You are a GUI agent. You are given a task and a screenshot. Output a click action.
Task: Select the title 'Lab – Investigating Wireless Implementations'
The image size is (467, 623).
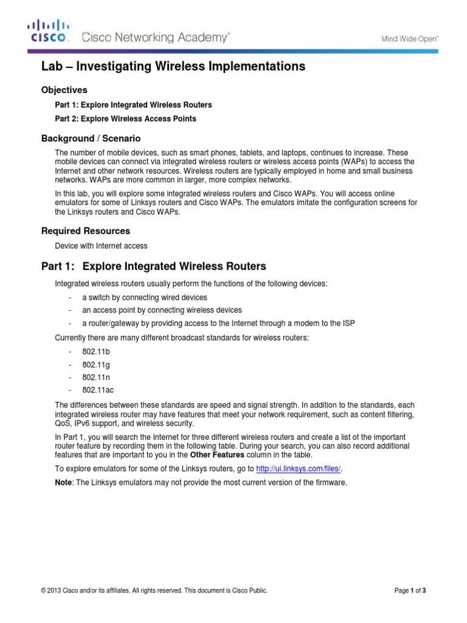point(173,67)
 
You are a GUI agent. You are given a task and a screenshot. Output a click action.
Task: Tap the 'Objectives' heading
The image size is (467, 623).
point(64,90)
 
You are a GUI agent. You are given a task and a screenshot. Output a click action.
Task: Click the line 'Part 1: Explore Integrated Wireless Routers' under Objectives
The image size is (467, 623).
point(133,105)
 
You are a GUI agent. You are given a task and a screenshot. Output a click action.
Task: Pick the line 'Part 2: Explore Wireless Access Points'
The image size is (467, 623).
point(125,119)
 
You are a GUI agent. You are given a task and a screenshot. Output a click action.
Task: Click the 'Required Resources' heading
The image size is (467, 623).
point(85,231)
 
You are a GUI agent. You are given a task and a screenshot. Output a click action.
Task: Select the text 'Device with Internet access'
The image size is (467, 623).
point(101,246)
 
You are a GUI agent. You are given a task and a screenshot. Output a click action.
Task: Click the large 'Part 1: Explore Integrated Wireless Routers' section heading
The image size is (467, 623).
point(153,266)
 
